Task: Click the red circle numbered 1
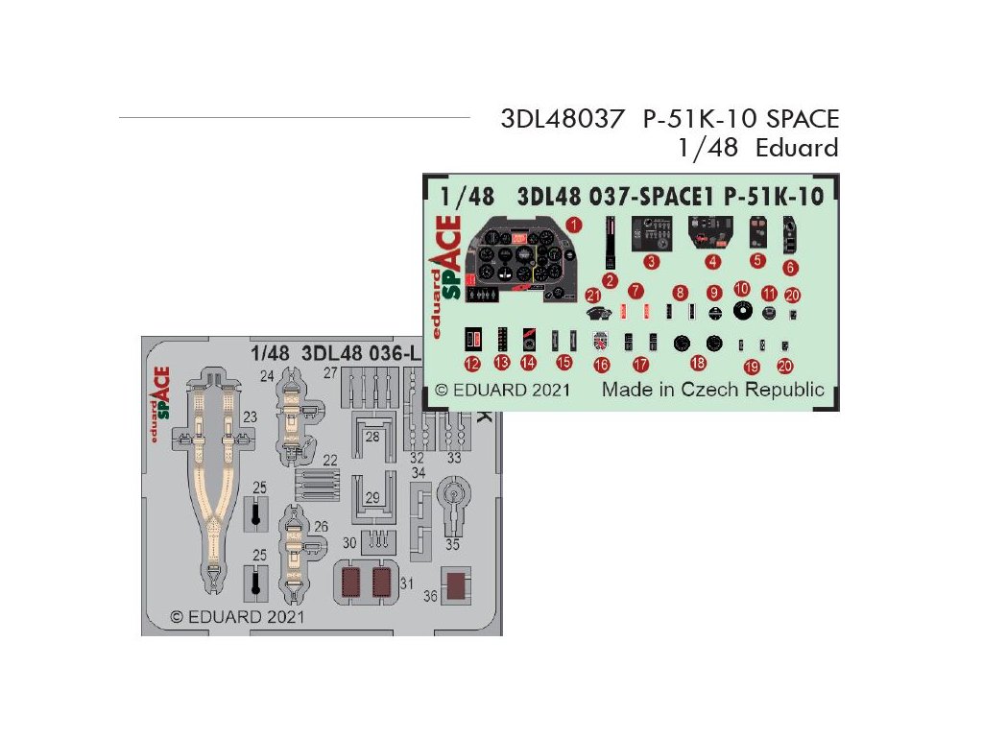point(574,225)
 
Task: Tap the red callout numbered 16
point(602,365)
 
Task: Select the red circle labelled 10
point(741,289)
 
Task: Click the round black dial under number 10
point(741,310)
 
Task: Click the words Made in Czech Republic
point(712,390)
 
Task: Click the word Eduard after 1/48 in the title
point(796,148)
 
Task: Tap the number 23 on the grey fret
point(250,417)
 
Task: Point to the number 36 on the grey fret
point(430,596)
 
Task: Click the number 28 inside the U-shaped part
point(372,437)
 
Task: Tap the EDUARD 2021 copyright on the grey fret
point(237,616)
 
